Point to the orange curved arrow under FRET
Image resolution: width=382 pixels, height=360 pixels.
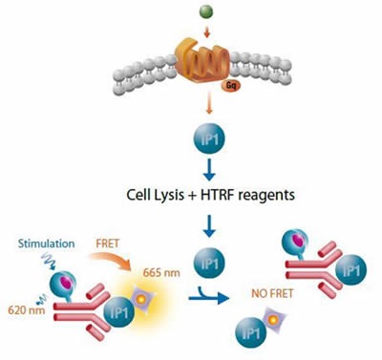point(134,262)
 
